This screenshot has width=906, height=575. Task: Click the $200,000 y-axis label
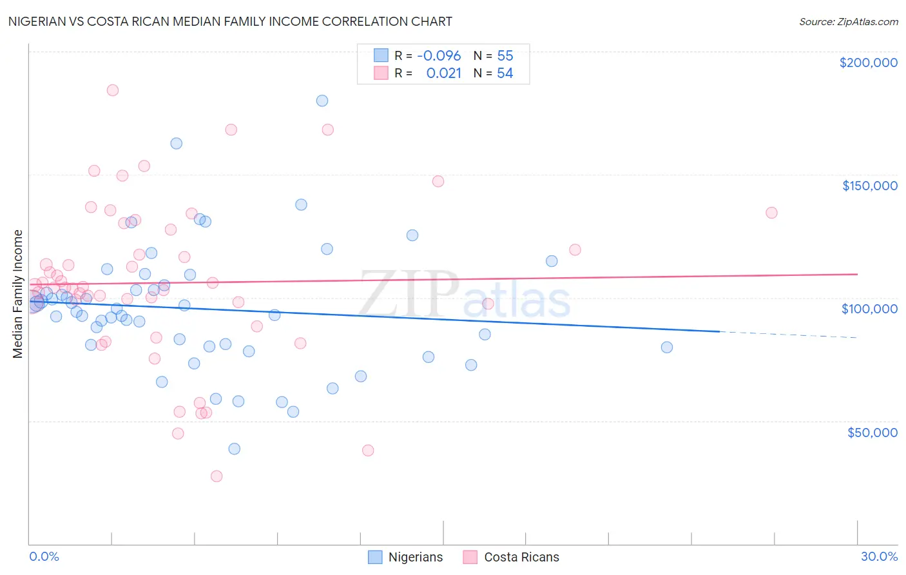pos(868,63)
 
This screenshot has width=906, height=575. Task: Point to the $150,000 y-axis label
pos(869,186)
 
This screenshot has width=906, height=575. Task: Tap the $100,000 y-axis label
pos(869,309)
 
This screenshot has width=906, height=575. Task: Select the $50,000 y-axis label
pos(872,433)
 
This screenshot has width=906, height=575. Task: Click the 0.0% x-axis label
pos(44,557)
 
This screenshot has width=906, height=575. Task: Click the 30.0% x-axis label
pos(879,557)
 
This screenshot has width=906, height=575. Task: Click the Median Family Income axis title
pos(18,294)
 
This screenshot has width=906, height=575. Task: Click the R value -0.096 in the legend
pos(439,56)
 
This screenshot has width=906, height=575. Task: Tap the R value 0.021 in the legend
pos(443,73)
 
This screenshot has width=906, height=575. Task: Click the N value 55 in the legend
pos(505,56)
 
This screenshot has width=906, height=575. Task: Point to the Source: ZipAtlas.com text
pos(848,22)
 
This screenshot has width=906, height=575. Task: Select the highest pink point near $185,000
pos(112,90)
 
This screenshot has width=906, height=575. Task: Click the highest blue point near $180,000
pos(322,101)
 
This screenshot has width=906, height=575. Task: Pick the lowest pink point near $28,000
pos(217,476)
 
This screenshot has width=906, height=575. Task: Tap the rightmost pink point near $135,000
pos(771,213)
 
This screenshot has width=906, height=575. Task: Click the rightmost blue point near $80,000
pos(667,347)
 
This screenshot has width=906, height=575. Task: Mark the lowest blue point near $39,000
pos(235,449)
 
